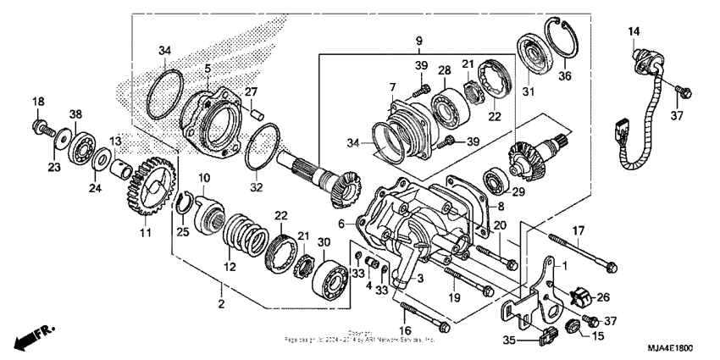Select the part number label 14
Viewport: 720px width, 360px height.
(634, 32)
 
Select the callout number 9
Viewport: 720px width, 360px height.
(418, 40)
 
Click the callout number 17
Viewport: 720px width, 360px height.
(579, 230)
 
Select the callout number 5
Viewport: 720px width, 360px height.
(208, 68)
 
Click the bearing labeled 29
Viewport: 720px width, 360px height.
(494, 180)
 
